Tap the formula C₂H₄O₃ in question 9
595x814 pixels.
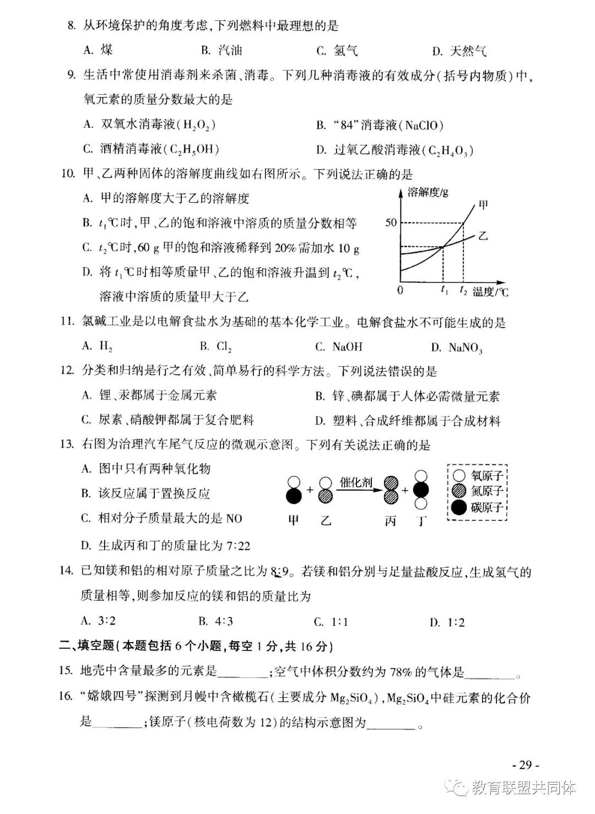click(449, 150)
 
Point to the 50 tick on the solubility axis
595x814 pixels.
click(391, 223)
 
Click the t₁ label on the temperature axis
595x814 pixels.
click(444, 291)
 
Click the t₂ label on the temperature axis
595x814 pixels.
click(463, 291)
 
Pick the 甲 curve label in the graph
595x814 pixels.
click(483, 205)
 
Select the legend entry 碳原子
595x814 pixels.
click(487, 507)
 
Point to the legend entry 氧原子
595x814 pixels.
click(487, 475)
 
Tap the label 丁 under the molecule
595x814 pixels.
click(421, 520)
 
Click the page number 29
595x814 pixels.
click(525, 765)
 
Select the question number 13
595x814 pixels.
click(67, 444)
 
